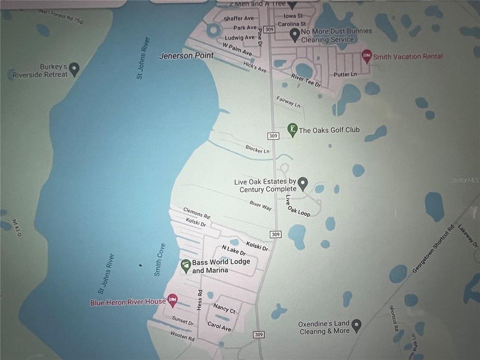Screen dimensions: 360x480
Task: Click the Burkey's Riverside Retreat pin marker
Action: coord(74,69)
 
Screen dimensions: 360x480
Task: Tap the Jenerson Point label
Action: coord(186,55)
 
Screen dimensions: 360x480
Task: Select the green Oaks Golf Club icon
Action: coord(292,130)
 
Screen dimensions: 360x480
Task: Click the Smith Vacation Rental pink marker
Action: coord(366,55)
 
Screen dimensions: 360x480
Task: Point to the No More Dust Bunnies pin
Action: coord(295,35)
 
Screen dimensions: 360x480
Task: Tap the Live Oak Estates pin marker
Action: coord(302,184)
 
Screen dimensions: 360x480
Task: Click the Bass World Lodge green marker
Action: coord(186,266)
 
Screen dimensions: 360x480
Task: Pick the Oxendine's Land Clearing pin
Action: coord(356,326)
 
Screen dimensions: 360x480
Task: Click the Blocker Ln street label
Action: coord(257,149)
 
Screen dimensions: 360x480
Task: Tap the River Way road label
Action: coord(260,205)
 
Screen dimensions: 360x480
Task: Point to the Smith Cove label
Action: coord(159,259)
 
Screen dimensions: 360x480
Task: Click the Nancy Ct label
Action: coord(224,307)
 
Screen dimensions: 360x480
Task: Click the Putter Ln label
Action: coord(345,74)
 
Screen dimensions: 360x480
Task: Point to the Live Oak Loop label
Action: coord(297,205)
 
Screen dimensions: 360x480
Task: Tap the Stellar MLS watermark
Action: coord(464,180)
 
